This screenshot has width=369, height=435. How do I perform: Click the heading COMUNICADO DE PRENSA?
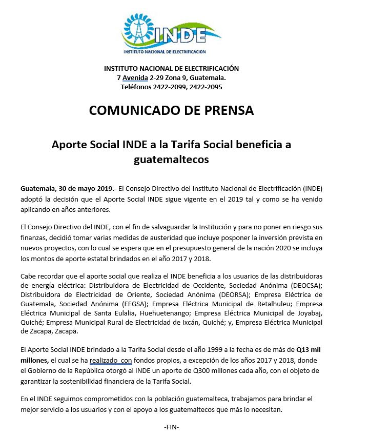point(171,110)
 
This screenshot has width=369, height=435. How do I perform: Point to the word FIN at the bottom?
point(171,427)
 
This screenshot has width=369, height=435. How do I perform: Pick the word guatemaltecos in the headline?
point(171,160)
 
